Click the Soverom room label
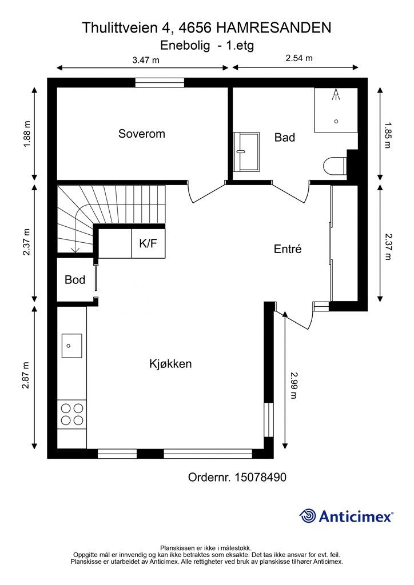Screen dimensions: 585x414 [141, 134]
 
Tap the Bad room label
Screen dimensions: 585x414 [284, 137]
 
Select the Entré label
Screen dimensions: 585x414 [287, 249]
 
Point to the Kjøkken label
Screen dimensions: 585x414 [170, 364]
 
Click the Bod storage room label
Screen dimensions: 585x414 [74, 280]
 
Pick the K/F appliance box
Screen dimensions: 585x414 [149, 243]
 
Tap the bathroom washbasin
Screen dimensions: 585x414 [246, 151]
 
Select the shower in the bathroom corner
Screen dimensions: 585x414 [336, 109]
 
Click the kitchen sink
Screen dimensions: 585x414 [71, 346]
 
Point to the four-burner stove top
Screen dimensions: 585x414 [71, 414]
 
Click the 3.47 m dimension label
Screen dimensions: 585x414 [145, 59]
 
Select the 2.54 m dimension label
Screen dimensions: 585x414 [298, 58]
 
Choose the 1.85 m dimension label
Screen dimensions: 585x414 [389, 135]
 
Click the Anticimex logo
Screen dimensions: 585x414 [347, 516]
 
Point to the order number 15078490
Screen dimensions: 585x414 [260, 477]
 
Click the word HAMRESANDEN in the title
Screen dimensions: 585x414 [274, 27]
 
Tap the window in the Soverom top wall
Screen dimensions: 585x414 [160, 83]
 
